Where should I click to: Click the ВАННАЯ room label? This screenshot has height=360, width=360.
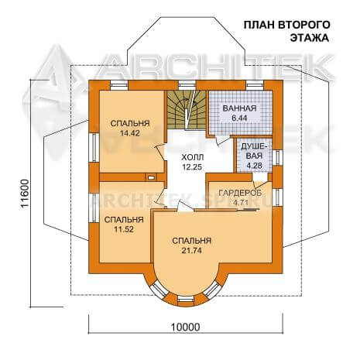click(x=239, y=108)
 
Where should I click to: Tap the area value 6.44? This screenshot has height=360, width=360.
click(x=239, y=118)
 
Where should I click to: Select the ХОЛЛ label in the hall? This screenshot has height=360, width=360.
click(x=192, y=157)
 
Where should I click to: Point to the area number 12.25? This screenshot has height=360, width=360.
click(x=192, y=167)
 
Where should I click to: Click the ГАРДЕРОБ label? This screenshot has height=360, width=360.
click(x=240, y=193)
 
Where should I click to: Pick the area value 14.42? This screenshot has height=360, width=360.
click(x=130, y=133)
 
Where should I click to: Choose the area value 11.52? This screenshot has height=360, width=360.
click(x=124, y=229)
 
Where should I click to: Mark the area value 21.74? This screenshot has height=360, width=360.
click(x=192, y=251)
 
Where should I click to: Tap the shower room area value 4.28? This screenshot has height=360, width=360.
click(x=255, y=166)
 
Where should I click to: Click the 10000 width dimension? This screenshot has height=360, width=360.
click(x=186, y=327)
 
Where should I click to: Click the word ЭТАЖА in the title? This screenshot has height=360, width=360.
click(x=310, y=38)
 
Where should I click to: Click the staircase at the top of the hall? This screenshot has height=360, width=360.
click(x=186, y=109)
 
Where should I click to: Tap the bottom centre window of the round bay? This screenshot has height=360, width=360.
click(x=186, y=299)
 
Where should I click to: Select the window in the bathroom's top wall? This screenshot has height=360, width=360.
click(x=254, y=85)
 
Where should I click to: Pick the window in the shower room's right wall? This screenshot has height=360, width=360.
click(x=277, y=157)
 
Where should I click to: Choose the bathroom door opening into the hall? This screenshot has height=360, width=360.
click(x=221, y=141)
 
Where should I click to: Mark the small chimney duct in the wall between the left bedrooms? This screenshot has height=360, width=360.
click(x=151, y=177)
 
